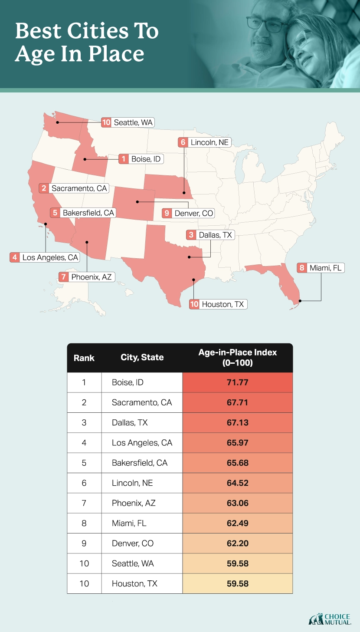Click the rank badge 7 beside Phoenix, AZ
pyautogui.click(x=64, y=276)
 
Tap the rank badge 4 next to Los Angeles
pyautogui.click(x=15, y=257)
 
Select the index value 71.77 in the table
pyautogui.click(x=237, y=382)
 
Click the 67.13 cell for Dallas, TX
pyautogui.click(x=237, y=422)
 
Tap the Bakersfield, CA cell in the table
pyautogui.click(x=139, y=463)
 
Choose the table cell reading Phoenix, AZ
pyautogui.click(x=134, y=503)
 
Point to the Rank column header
pyautogui.click(x=84, y=358)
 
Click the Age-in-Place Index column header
pyautogui.click(x=237, y=357)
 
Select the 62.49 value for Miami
pyautogui.click(x=237, y=523)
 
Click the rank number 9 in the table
pyautogui.click(x=84, y=543)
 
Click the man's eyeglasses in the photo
pyautogui.click(x=265, y=24)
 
